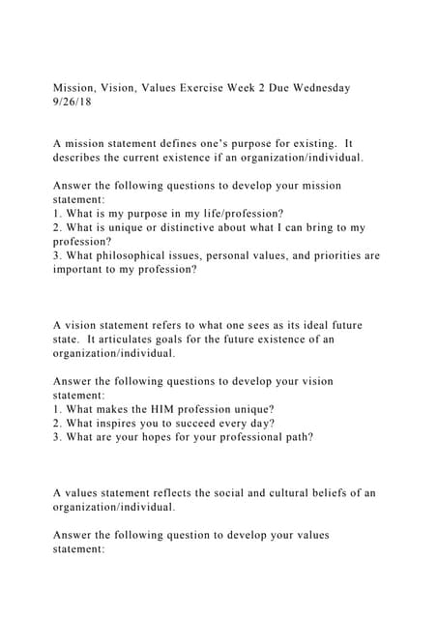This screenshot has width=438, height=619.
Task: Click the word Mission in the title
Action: tap(75, 88)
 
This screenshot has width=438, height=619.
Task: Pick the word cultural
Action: tap(287, 492)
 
